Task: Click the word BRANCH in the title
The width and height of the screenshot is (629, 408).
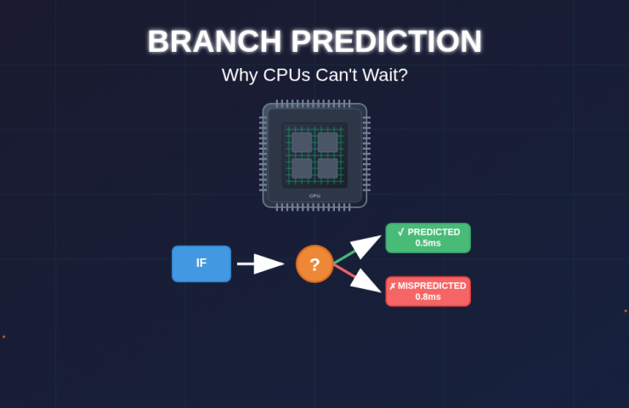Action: (214, 41)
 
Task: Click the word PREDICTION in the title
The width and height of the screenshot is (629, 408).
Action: (386, 41)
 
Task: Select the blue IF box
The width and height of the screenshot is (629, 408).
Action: (201, 263)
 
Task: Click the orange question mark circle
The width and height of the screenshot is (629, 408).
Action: (314, 264)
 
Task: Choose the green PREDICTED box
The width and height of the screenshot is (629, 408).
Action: (428, 238)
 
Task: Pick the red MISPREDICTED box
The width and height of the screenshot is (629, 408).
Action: (428, 292)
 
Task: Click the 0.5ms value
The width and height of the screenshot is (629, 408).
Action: (428, 243)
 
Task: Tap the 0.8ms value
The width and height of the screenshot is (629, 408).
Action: (428, 297)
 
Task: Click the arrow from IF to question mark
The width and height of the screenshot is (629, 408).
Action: (261, 263)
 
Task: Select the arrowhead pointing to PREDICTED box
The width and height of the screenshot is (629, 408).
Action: (365, 246)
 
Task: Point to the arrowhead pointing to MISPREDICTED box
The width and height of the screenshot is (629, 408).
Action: (365, 280)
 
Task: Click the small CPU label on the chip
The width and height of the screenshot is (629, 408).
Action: (314, 195)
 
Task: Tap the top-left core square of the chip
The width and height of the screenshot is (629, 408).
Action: (302, 143)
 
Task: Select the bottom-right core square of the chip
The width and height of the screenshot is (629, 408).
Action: (328, 168)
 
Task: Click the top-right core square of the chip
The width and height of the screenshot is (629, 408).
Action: (328, 143)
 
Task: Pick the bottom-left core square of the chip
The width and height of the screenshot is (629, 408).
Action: (302, 168)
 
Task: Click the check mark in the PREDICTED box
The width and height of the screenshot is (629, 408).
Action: (400, 232)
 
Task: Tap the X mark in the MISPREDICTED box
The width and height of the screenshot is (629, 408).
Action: (393, 286)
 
